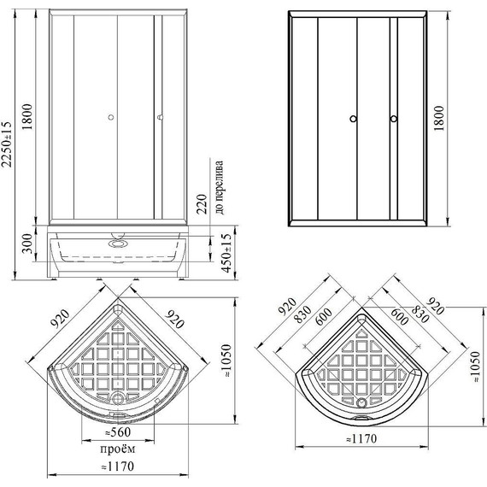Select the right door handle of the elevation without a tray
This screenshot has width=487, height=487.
[x=391, y=120]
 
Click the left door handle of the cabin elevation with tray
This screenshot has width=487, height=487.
[x=110, y=120]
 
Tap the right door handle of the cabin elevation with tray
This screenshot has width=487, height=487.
[x=159, y=120]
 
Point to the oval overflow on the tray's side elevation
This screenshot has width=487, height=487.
[x=115, y=242]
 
